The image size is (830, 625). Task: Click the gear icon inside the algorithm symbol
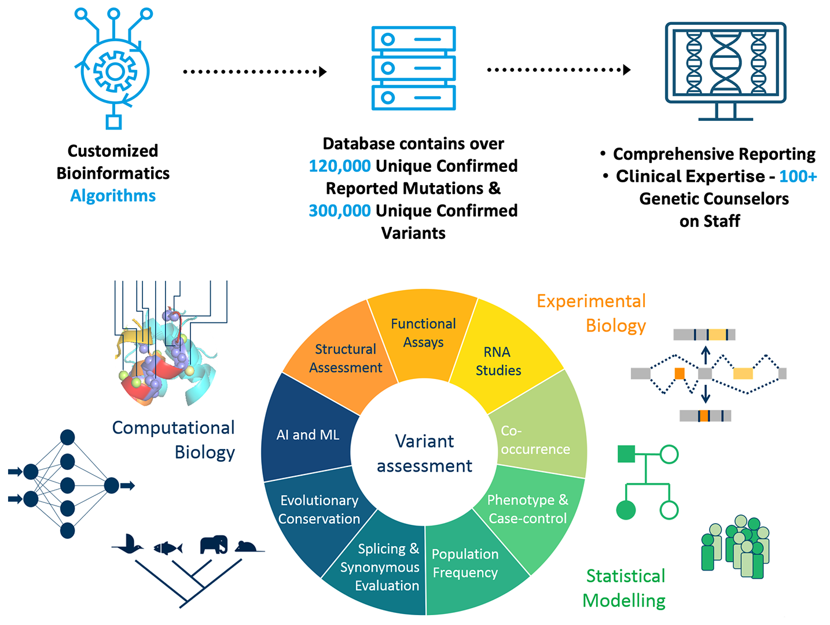(x=115, y=72)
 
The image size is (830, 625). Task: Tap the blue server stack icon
(x=413, y=68)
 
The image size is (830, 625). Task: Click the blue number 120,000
(x=340, y=166)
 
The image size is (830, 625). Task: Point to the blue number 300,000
(x=340, y=211)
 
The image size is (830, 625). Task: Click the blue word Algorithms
(x=113, y=196)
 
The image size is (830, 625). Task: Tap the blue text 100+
(x=798, y=176)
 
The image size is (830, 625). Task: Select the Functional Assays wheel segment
(x=423, y=333)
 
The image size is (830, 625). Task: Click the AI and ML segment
(x=307, y=435)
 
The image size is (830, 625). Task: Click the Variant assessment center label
(x=424, y=453)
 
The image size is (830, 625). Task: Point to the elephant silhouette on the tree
(x=214, y=545)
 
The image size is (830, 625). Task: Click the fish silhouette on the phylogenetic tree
(x=168, y=547)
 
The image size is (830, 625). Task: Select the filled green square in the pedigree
(x=626, y=454)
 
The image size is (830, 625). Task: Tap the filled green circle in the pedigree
(x=626, y=510)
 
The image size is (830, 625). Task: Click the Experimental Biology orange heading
(x=592, y=313)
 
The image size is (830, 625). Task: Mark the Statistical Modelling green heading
(x=625, y=588)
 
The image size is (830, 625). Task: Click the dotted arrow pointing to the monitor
(x=558, y=70)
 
